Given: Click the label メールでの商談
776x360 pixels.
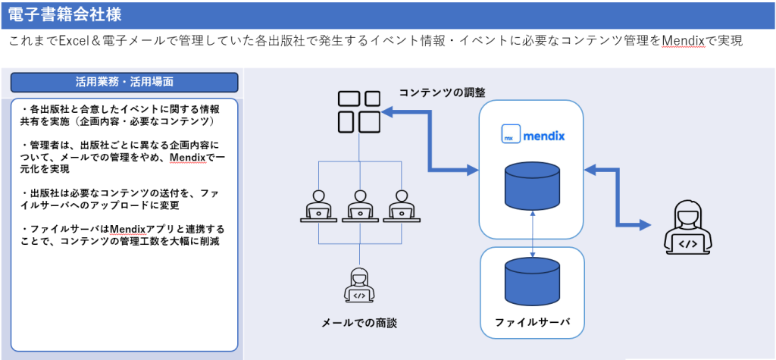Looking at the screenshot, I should pyautogui.click(x=359, y=323).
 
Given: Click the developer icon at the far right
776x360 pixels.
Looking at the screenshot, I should pyautogui.click(x=687, y=228).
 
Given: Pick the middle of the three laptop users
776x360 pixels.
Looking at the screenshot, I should pyautogui.click(x=359, y=205).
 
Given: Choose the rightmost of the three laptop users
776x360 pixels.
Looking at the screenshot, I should pyautogui.click(x=399, y=205).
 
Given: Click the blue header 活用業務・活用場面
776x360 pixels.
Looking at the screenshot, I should pyautogui.click(x=124, y=82).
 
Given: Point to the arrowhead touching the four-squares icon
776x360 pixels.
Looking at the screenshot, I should pyautogui.click(x=389, y=113).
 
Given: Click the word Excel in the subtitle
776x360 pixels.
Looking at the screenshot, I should pyautogui.click(x=76, y=41).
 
